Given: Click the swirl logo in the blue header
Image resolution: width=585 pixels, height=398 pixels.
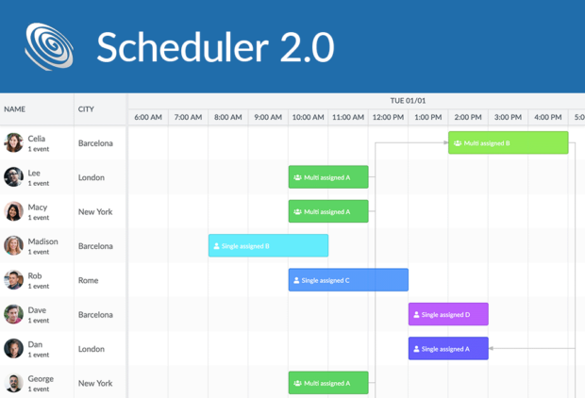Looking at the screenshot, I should pos(49,46).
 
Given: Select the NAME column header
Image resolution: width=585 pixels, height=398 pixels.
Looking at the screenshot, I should pos(15,109).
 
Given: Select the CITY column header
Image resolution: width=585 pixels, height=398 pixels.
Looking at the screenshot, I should pos(86,109).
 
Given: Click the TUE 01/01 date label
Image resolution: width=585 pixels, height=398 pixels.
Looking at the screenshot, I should pos(408,100).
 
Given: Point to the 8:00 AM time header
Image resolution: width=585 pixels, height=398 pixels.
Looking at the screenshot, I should pos(228,118).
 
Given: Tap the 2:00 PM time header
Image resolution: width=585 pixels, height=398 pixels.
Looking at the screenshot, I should pos(468,118).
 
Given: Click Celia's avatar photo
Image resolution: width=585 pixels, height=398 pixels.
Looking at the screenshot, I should pos(13,142).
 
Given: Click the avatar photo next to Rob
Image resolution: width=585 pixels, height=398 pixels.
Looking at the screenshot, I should pos(13,280).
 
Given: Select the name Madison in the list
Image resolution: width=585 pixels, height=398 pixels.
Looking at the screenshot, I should pos(42,241).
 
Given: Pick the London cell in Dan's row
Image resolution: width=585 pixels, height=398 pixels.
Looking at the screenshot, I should pos(92,349).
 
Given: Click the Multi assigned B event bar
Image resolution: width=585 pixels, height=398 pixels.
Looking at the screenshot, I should pos(508,143).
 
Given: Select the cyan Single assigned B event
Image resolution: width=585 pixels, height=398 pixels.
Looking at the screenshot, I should pos(268,246).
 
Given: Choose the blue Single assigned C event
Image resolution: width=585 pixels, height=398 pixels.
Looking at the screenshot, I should pos(348,280).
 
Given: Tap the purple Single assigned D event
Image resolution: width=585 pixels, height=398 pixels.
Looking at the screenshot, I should pos(448,314).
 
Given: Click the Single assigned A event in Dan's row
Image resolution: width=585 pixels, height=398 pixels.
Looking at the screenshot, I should pos(448,349).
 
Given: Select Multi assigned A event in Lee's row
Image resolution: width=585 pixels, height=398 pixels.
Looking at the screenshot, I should pos(328,177).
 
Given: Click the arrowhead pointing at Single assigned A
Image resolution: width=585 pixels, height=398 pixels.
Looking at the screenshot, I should pos(493,349).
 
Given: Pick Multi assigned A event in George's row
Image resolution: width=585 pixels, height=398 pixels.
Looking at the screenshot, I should pos(328,383).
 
